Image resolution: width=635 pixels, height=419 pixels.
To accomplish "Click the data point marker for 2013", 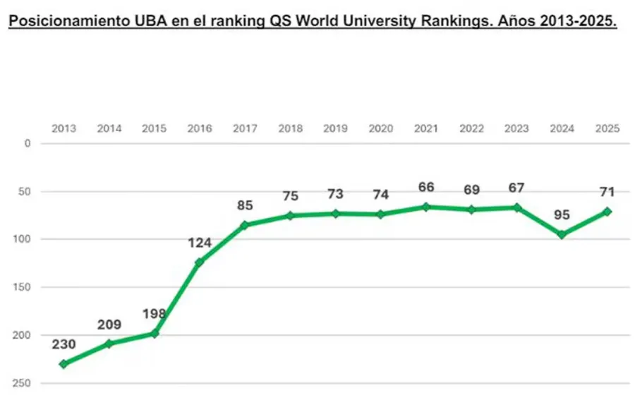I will click(64, 364).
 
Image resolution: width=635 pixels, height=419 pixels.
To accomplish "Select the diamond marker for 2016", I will click(199, 262).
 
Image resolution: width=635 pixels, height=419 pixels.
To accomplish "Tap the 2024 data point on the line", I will click(562, 234).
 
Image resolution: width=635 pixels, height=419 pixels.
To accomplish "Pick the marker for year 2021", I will click(425, 207).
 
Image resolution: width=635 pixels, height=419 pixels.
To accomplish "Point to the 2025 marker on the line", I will click(607, 212).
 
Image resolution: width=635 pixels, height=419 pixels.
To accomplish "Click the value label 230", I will click(64, 345).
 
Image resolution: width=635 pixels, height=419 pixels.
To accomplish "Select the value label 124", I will click(200, 243).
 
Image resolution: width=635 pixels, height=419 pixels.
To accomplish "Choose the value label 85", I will click(244, 207).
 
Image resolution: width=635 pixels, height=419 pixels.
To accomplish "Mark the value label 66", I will click(425, 187).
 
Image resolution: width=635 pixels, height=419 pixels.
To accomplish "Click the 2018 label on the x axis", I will click(290, 128).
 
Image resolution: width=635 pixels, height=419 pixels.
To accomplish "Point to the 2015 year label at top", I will click(154, 128).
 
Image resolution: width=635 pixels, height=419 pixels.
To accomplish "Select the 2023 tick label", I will click(517, 128).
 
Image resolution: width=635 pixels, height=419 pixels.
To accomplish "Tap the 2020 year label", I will click(381, 128).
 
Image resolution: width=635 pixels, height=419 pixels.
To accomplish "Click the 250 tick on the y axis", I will click(23, 383).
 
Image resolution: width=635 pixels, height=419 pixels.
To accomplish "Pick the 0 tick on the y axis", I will click(28, 143).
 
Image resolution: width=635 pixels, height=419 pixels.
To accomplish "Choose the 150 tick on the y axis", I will click(23, 287).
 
